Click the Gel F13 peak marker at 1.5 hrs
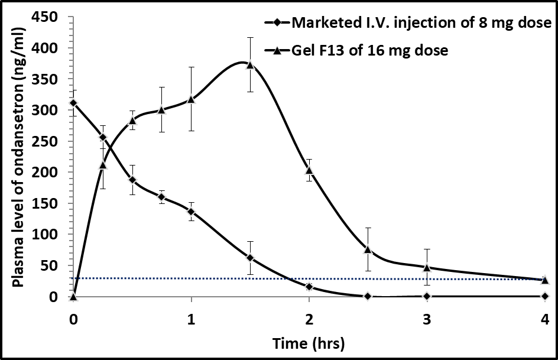coord(250,64)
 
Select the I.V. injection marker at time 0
coord(73,103)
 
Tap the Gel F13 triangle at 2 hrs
coord(309,170)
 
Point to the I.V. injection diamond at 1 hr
coord(191,211)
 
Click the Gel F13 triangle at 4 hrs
coord(545,279)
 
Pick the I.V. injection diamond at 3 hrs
coord(427,296)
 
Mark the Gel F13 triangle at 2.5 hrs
coord(368,249)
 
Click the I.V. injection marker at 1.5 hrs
coord(250,258)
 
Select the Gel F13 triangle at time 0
coord(73,296)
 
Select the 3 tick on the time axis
coord(427,319)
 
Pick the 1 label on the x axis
coord(191,319)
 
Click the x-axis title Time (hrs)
coord(309,343)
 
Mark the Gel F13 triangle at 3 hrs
coord(427,267)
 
